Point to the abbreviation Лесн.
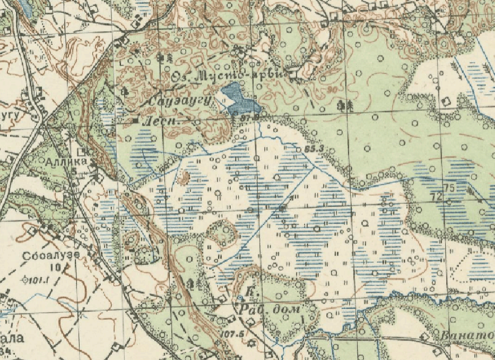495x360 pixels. (167, 121)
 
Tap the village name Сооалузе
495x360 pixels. (51, 255)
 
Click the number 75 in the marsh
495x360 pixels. (449, 187)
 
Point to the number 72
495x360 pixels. (438, 198)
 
